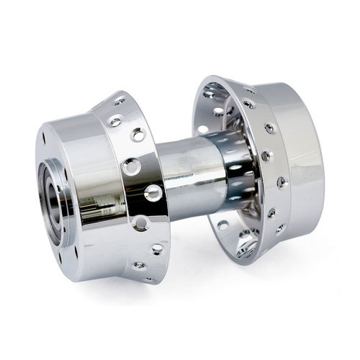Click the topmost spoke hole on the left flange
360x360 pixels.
(x=120, y=102)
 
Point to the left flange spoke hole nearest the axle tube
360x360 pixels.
(x=153, y=192)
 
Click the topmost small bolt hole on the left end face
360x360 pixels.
(x=45, y=141)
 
